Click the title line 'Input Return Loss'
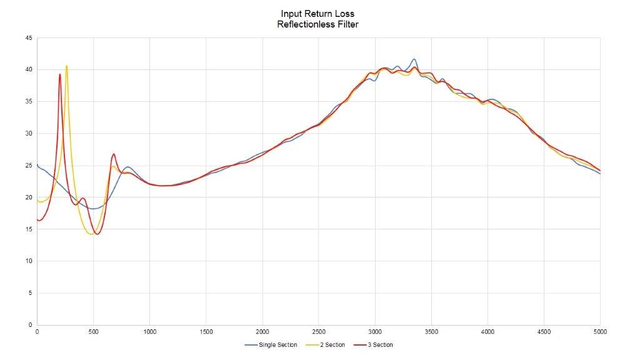pyautogui.click(x=318, y=13)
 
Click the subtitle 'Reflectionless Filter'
pyautogui.click(x=318, y=24)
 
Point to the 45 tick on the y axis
pyautogui.click(x=29, y=38)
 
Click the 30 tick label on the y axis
pyautogui.click(x=29, y=133)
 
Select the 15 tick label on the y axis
pyautogui.click(x=29, y=229)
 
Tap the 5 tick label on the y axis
pyautogui.click(x=30, y=292)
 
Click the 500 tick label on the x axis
pyautogui.click(x=93, y=332)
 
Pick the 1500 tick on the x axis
pyautogui.click(x=206, y=332)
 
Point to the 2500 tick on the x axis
pyautogui.click(x=319, y=332)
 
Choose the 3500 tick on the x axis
pyautogui.click(x=431, y=332)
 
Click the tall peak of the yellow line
pyautogui.click(x=66, y=66)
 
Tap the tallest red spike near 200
pyautogui.click(x=60, y=74)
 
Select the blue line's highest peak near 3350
pyautogui.click(x=414, y=59)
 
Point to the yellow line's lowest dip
pyautogui.click(x=91, y=234)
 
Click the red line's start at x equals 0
pyautogui.click(x=38, y=220)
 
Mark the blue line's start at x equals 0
pyautogui.click(x=37, y=165)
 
